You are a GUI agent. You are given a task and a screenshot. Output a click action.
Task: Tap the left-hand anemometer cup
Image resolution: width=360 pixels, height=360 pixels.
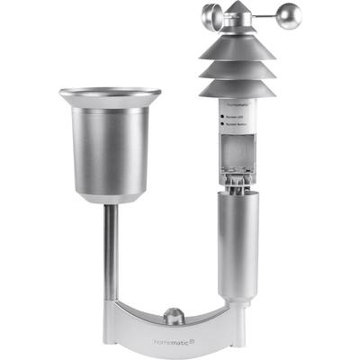click(x=210, y=16)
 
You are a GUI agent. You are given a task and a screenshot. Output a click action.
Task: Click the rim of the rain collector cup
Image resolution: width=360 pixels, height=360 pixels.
click(x=110, y=93)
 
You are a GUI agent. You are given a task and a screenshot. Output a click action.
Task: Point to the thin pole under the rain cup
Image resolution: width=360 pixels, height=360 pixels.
click(x=110, y=252)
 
